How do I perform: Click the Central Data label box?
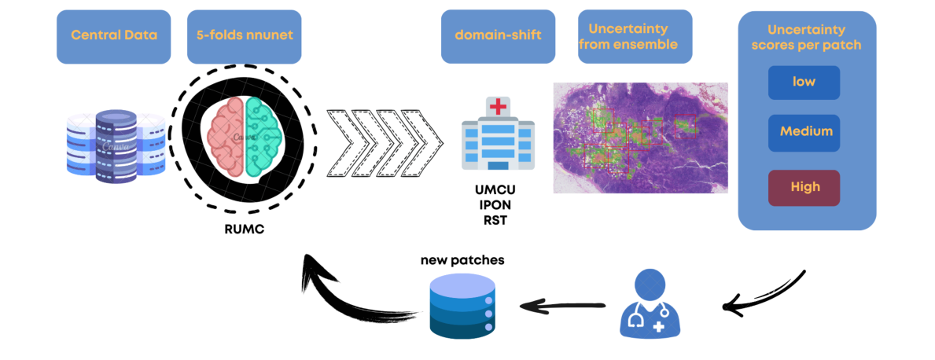click(x=114, y=36)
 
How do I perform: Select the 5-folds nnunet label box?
click(x=244, y=36)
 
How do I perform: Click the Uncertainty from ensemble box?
click(x=635, y=36)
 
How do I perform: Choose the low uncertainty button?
click(x=804, y=83)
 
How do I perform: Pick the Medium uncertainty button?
click(x=804, y=131)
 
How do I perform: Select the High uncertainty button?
click(x=804, y=187)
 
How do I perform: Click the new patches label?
click(x=462, y=260)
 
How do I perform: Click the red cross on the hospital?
click(x=498, y=108)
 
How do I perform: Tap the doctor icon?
click(x=652, y=303)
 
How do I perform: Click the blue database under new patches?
click(x=462, y=309)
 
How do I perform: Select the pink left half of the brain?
click(x=227, y=137)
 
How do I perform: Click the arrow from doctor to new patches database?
click(x=563, y=304)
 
